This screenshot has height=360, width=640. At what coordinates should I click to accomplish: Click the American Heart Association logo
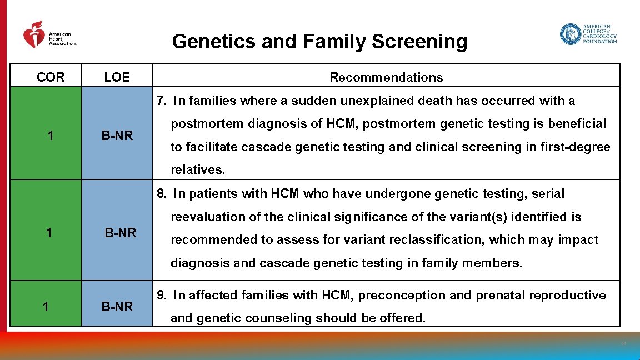pos(49,36)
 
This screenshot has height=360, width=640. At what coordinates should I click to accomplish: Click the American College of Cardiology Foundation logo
pos(588,34)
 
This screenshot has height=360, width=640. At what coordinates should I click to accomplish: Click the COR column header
pos(51,77)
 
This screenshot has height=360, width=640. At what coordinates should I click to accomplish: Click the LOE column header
pos(117,77)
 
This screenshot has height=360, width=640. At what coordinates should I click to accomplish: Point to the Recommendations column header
pos(386,77)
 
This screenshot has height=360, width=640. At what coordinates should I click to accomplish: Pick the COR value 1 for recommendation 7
pos(51,135)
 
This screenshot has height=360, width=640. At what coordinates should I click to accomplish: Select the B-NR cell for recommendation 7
pos(117,135)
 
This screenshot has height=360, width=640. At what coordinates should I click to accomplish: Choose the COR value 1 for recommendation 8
pos(49,233)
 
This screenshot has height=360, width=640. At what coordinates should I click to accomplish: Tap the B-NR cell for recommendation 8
pos(121,233)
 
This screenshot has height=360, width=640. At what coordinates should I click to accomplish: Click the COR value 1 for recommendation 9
pos(46,306)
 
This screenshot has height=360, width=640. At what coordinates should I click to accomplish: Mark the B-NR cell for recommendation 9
pos(117,306)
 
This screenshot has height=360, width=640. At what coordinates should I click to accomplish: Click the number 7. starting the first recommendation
pos(162,101)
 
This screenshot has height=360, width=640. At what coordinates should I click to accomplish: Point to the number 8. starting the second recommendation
pos(162,194)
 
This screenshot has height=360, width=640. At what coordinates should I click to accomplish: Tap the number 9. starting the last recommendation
pos(162,296)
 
